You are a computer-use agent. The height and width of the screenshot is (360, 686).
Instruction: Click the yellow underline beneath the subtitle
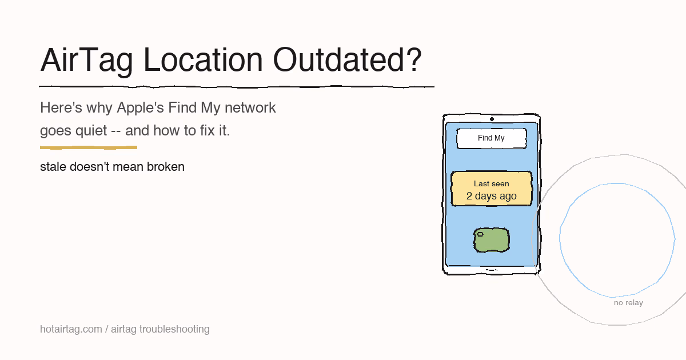click(89, 147)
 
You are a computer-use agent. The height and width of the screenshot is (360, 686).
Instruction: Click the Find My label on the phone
click(491, 138)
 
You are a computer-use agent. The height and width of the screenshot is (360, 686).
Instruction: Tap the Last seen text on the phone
click(491, 183)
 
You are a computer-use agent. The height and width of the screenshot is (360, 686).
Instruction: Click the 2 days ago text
click(491, 196)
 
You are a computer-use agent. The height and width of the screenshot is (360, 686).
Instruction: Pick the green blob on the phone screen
click(492, 241)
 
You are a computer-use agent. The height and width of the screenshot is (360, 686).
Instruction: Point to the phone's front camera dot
click(492, 119)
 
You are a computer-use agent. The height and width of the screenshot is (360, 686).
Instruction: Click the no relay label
click(628, 303)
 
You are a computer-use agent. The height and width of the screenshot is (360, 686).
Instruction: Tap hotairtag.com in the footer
click(70, 329)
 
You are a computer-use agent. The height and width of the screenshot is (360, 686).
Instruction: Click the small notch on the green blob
click(480, 234)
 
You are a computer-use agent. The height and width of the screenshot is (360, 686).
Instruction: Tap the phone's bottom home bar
click(491, 269)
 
